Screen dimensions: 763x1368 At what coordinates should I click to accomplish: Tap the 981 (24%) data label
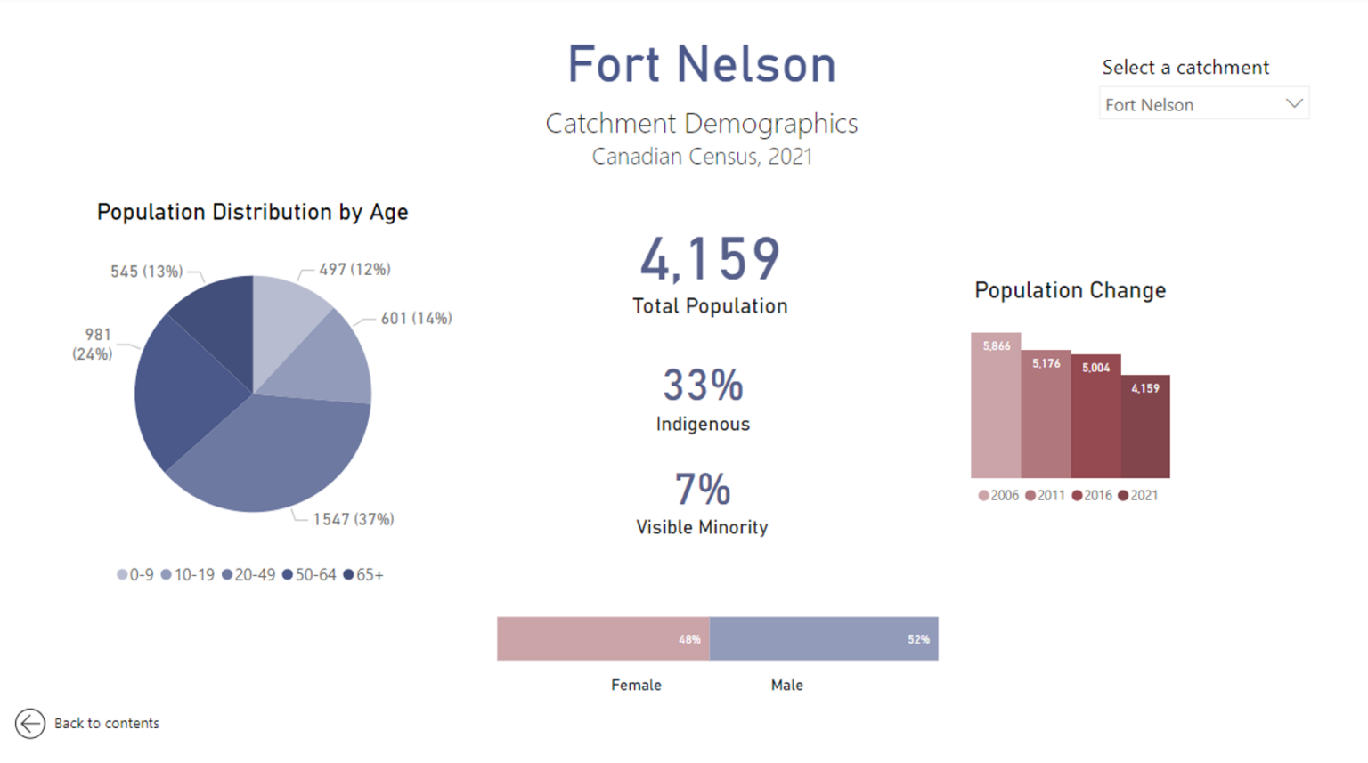click(93, 345)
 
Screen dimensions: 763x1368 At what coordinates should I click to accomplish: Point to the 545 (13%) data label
click(146, 272)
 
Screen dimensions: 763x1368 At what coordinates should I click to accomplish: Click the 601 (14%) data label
click(416, 319)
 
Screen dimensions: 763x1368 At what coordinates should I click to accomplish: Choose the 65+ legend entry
click(363, 575)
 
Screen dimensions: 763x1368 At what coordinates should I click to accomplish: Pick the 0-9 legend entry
click(135, 575)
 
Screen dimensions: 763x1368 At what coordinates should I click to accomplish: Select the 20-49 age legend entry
click(248, 575)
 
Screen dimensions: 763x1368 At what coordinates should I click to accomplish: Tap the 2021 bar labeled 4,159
click(1145, 427)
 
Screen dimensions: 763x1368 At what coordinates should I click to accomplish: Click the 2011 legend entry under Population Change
click(1045, 496)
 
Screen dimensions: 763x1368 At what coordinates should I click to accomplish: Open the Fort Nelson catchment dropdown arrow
click(1294, 104)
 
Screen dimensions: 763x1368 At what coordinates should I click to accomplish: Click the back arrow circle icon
click(29, 723)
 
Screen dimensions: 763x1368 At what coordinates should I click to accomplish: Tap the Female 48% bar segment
click(603, 639)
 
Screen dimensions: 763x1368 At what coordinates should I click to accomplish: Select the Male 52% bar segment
click(824, 639)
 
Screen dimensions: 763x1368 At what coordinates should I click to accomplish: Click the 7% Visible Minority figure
click(703, 490)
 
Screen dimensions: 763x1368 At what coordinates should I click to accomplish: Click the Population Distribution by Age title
click(252, 212)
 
